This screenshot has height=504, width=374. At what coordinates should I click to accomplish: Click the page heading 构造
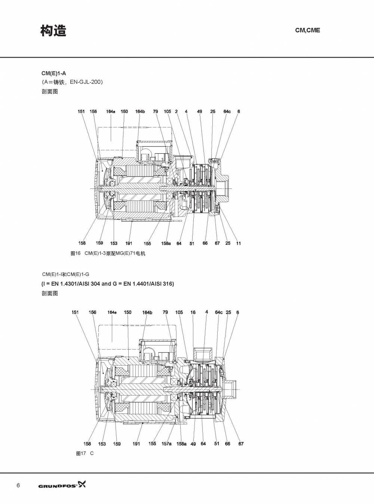click(53, 31)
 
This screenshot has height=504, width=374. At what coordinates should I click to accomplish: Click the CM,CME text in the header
click(307, 30)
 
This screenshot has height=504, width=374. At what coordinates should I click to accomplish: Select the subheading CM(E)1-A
click(53, 73)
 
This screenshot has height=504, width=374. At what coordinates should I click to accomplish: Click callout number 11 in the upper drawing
click(238, 243)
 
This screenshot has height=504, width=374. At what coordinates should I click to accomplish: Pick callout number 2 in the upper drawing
click(176, 111)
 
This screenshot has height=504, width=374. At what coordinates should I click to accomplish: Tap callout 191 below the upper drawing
click(129, 243)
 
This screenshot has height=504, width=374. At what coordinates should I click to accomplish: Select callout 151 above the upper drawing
click(81, 111)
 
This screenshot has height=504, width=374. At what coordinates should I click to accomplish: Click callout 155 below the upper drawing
click(147, 244)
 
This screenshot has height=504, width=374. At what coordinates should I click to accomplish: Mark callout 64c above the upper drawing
click(227, 111)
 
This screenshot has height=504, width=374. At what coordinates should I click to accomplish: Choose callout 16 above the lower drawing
click(193, 312)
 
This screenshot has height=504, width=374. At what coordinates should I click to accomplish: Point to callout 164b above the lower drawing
click(147, 313)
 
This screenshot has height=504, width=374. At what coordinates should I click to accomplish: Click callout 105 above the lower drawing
click(179, 312)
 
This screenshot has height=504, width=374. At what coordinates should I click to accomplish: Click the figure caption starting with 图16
click(108, 253)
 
